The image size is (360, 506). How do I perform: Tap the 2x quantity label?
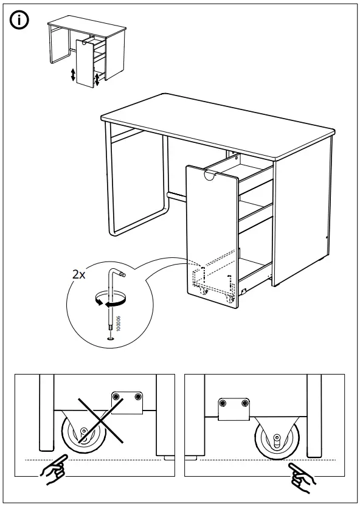click(78, 274)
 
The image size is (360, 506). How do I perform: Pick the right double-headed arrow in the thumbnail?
click(97, 79)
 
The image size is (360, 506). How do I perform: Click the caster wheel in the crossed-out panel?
click(81, 434)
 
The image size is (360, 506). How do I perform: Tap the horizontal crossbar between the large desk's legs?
click(176, 197)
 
